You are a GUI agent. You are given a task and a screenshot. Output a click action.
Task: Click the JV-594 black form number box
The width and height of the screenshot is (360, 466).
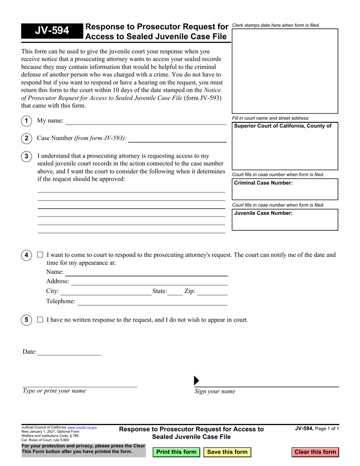[x=52, y=31]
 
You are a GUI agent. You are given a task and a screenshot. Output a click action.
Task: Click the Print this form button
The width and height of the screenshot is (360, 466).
[x=176, y=452]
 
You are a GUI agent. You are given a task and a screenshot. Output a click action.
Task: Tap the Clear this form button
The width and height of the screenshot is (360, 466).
[x=315, y=452]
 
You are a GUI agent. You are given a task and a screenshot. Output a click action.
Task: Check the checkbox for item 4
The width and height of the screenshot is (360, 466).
[x=40, y=255]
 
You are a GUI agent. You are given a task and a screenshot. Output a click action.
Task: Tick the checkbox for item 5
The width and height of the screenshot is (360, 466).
[x=40, y=320]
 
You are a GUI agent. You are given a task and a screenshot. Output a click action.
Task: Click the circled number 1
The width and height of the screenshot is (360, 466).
[x=26, y=121]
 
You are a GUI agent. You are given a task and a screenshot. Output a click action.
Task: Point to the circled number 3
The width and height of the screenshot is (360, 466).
[x=26, y=156]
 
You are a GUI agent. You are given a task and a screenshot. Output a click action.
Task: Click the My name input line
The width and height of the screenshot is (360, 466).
[x=146, y=121]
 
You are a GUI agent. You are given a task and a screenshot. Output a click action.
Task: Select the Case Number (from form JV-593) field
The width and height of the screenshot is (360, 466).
[x=177, y=138]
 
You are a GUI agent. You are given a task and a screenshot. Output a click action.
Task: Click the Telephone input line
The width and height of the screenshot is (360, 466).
[x=152, y=301]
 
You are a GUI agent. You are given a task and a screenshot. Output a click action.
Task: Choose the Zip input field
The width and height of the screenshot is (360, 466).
[x=212, y=291]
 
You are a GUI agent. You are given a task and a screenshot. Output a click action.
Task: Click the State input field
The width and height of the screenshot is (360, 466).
[x=175, y=291]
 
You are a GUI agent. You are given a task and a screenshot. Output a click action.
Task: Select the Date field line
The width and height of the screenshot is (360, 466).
[x=69, y=352]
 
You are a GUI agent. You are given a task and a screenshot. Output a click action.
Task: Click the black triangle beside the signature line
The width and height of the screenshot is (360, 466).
[x=196, y=380]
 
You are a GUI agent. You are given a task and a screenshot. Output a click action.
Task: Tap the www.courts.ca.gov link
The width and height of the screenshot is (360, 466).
[x=82, y=427]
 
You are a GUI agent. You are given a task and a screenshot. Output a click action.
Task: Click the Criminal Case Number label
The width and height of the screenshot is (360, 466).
[x=263, y=183]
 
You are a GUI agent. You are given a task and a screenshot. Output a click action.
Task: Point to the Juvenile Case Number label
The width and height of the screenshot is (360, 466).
[x=263, y=213]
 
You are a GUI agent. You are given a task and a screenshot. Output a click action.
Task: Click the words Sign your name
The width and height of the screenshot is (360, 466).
[x=215, y=391]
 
